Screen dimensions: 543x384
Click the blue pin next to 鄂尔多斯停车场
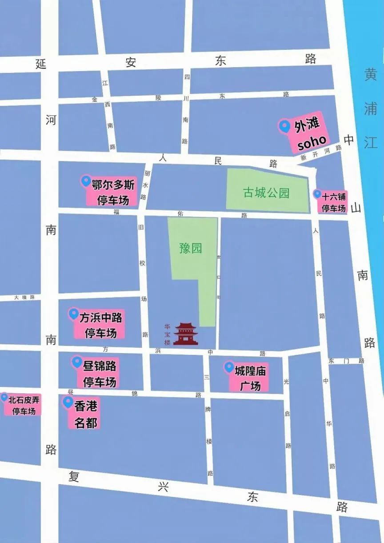[86, 181]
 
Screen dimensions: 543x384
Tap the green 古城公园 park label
[266, 193]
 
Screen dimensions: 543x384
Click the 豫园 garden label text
[191, 248]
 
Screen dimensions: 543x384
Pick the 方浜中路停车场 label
[100, 326]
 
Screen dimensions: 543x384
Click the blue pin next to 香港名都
[68, 402]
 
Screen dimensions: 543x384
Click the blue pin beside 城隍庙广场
[229, 367]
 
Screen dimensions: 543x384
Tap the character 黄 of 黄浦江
[370, 74]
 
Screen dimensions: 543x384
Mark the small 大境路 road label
[24, 298]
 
